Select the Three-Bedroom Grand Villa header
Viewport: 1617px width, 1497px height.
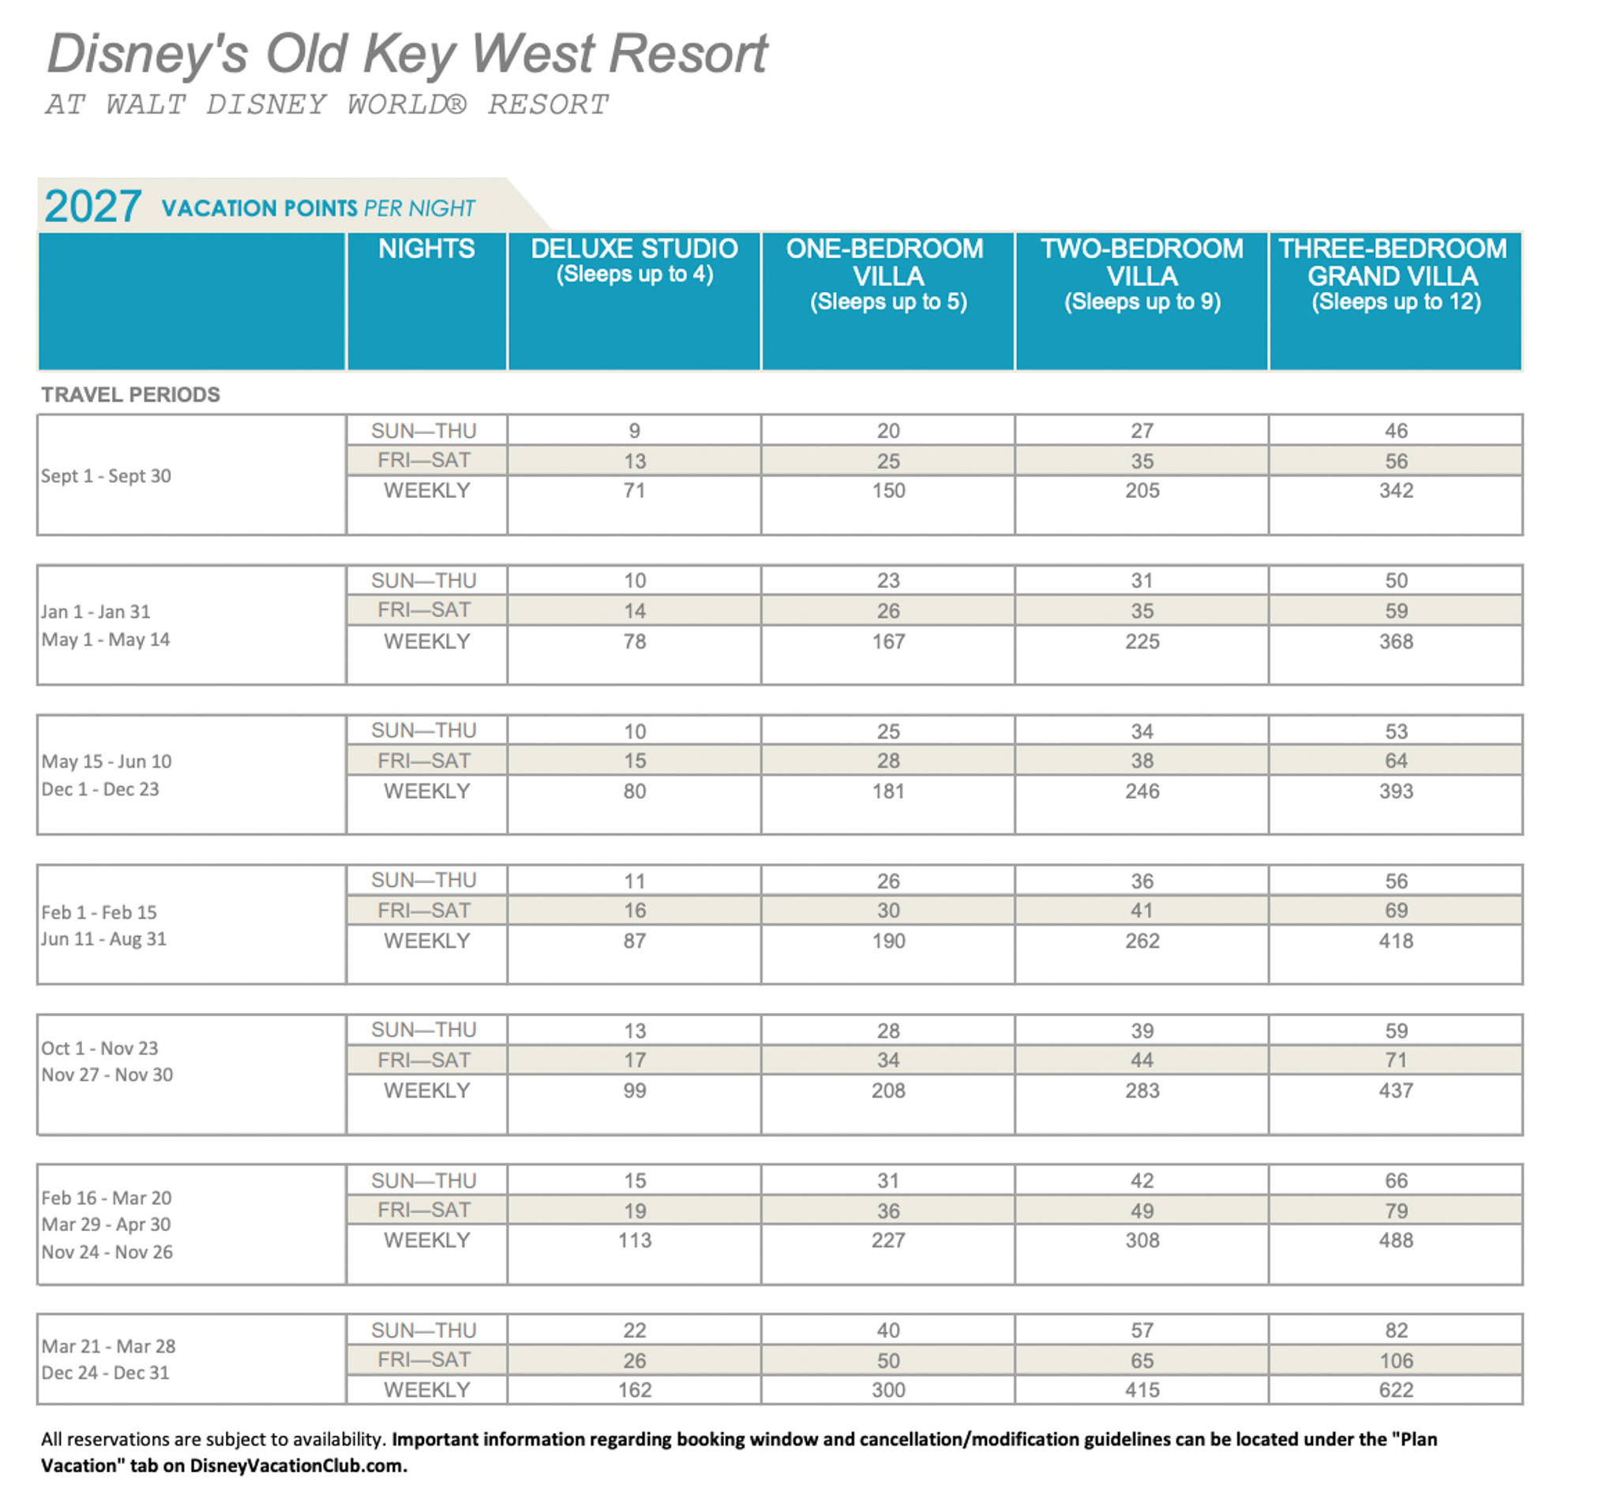[1394, 274]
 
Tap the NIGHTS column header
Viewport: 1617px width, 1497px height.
[426, 249]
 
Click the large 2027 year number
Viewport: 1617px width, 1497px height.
[93, 207]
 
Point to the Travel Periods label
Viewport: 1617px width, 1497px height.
[130, 395]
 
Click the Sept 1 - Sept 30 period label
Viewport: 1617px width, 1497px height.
[106, 476]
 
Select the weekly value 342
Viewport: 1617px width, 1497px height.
[1396, 490]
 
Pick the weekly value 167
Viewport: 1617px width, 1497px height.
[888, 641]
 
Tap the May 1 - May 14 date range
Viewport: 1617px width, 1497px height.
[105, 639]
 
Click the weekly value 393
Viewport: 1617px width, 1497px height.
[1396, 791]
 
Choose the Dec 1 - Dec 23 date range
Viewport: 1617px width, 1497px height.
[100, 789]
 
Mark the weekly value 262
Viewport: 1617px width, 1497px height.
[1142, 941]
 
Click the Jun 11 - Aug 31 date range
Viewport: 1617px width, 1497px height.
[103, 939]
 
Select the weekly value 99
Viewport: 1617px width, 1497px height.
[634, 1091]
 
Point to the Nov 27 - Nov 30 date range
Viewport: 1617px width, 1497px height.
[107, 1074]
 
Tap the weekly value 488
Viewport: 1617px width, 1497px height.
[1396, 1241]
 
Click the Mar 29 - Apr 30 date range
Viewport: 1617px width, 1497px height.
[106, 1224]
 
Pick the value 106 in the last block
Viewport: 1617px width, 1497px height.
[1396, 1361]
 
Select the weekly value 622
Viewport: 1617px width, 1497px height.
[1396, 1390]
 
